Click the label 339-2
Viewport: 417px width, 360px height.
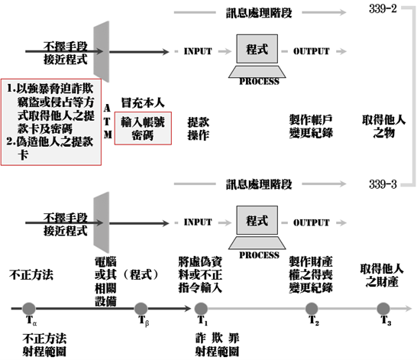(383, 8)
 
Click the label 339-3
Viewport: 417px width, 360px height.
(383, 184)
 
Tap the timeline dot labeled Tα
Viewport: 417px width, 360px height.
(29, 309)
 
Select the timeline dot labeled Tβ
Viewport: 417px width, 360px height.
(141, 309)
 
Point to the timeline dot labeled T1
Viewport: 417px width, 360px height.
(201, 309)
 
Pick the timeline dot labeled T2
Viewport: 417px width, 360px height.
(312, 309)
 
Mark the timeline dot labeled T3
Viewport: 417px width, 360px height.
(383, 309)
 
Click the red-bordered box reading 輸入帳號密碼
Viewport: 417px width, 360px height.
(143, 128)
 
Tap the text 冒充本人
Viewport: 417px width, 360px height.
(143, 102)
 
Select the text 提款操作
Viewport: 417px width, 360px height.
(198, 128)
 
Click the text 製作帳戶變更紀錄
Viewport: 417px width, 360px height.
(311, 126)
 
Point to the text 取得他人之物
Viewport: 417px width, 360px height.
(383, 126)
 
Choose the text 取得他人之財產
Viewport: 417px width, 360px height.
(382, 275)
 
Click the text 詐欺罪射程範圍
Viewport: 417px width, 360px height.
(217, 345)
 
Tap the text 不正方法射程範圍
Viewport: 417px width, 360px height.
(44, 345)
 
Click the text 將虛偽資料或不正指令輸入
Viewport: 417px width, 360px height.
(200, 274)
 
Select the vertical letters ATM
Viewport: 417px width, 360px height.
(107, 122)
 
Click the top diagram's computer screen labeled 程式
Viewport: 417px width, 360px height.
(257, 49)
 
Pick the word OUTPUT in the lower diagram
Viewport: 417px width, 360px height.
(311, 222)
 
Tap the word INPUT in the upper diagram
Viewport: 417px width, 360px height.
(198, 51)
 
